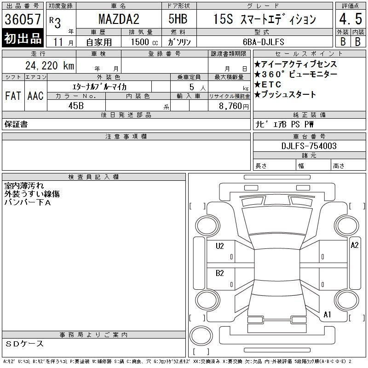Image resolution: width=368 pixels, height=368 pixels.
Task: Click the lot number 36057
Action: click(x=23, y=19)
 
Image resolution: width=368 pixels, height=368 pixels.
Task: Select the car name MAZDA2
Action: click(x=119, y=19)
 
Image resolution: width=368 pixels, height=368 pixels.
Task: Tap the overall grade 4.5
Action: click(x=351, y=19)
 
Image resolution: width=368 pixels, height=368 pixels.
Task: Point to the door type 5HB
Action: click(x=178, y=19)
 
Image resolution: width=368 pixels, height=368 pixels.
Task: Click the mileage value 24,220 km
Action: click(x=50, y=65)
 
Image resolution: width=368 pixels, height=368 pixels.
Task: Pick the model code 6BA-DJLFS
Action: click(x=264, y=42)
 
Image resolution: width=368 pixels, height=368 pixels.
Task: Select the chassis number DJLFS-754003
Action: click(x=309, y=146)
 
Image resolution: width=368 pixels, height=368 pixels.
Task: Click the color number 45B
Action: click(x=76, y=106)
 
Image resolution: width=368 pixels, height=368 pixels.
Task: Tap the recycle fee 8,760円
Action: click(x=234, y=106)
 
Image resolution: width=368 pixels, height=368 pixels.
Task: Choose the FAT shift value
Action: click(x=13, y=96)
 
